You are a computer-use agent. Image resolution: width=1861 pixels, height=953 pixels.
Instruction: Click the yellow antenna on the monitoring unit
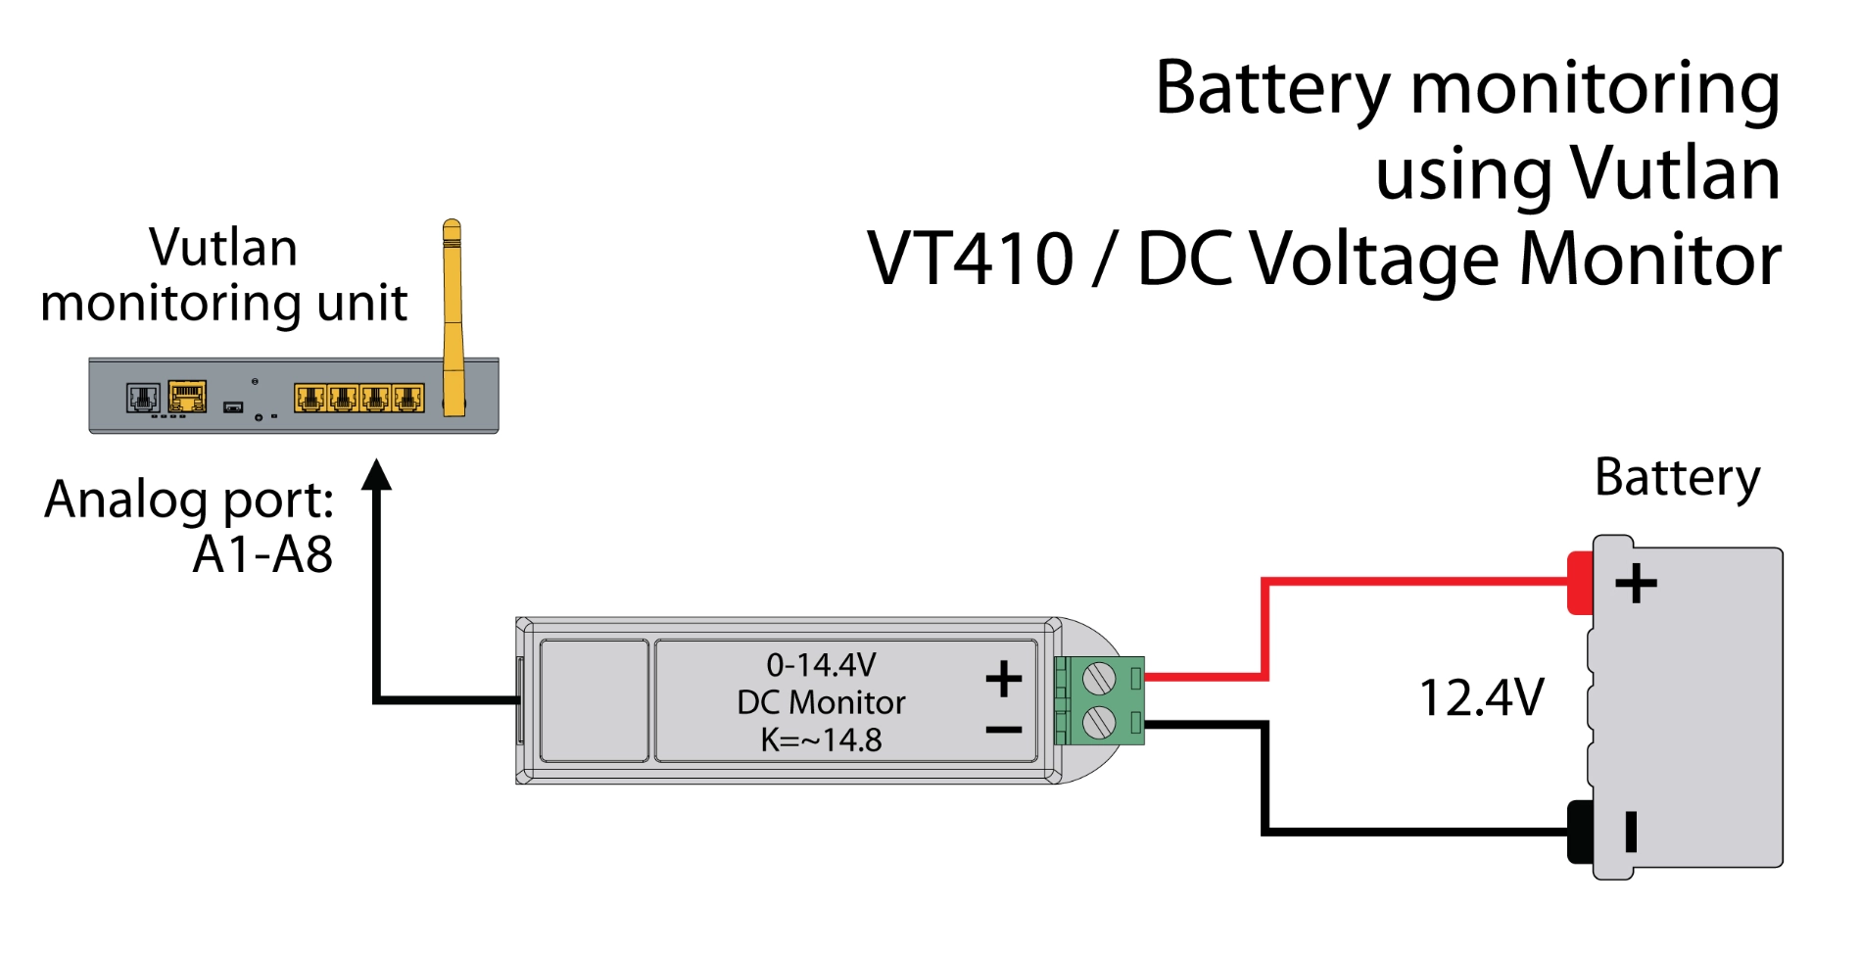[452, 313]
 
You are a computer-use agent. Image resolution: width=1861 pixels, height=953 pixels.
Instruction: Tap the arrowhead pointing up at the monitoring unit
[376, 475]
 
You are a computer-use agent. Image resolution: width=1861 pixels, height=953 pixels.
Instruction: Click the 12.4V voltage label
[1481, 698]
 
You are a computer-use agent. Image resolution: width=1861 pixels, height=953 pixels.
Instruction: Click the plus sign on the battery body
[1636, 584]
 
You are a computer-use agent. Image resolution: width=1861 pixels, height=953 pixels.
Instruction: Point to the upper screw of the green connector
[1099, 678]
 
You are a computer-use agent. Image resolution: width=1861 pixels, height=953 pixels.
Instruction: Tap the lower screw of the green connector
[1099, 724]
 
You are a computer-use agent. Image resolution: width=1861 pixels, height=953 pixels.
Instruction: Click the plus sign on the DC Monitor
[1003, 679]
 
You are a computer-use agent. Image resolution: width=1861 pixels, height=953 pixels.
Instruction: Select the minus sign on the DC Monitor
[1003, 730]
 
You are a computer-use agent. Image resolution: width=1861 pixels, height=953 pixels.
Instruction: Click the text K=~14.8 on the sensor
[821, 739]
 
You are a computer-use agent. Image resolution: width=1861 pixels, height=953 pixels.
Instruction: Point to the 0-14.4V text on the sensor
[821, 665]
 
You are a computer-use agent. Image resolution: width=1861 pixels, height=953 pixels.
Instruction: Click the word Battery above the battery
[1677, 478]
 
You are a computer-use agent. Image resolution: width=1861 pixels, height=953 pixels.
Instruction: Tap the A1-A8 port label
[262, 554]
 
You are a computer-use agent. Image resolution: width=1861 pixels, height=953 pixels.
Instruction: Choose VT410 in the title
[970, 260]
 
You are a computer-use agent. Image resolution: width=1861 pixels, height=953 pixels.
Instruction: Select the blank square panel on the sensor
[594, 700]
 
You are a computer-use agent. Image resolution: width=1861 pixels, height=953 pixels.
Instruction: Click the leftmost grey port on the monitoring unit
[143, 398]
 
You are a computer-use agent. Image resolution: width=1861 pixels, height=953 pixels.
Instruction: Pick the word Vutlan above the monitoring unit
[223, 247]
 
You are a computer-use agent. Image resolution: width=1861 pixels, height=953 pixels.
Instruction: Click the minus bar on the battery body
[1631, 832]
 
